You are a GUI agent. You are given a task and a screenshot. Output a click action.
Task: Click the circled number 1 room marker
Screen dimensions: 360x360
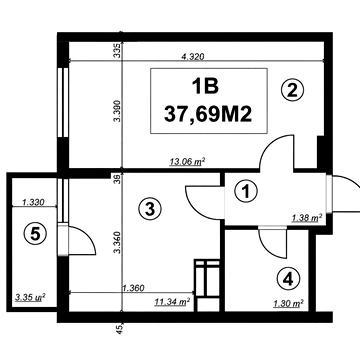tap(246, 192)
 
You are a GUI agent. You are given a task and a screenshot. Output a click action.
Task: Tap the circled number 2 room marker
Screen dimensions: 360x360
tap(292, 90)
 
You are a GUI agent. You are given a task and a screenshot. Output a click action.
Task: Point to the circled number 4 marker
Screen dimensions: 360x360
tap(288, 279)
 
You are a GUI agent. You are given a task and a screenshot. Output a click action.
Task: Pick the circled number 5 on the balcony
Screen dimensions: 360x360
tap(35, 234)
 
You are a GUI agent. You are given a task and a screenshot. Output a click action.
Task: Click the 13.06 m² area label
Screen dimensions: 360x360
tap(187, 162)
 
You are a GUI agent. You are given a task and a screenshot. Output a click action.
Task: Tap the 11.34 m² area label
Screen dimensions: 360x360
tap(172, 302)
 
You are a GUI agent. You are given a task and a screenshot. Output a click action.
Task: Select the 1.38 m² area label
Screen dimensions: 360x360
tap(307, 219)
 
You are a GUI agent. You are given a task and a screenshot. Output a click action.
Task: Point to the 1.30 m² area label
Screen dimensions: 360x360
tap(288, 304)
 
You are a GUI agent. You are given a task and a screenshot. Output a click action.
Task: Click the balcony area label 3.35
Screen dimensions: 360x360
tap(30, 297)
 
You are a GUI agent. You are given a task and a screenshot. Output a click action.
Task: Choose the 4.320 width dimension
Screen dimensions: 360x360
tap(192, 56)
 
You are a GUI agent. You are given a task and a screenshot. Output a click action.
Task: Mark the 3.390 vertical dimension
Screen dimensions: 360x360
tap(117, 110)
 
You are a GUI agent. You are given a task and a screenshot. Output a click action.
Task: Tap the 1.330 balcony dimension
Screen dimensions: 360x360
tap(33, 202)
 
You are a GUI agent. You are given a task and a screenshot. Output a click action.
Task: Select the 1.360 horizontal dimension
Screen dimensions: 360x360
tap(133, 288)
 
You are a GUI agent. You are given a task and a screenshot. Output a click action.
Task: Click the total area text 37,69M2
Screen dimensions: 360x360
tap(208, 115)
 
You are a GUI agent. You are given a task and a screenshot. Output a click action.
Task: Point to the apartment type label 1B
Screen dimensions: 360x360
tap(205, 86)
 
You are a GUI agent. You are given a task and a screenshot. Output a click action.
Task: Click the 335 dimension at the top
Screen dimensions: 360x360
tap(117, 50)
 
